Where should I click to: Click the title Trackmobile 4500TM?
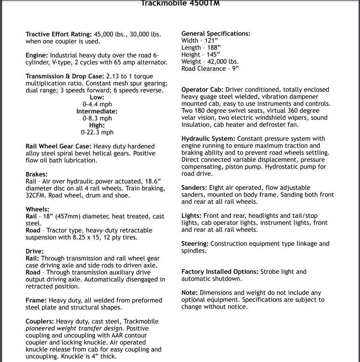click(181, 4)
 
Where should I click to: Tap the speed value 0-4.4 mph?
click(97, 104)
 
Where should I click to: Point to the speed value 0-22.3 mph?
click(97, 132)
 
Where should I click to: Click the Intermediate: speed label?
click(97, 111)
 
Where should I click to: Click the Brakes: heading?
click(37, 174)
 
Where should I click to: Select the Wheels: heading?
click(37, 209)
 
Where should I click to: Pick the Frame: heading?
click(36, 300)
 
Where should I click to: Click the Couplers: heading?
click(40, 321)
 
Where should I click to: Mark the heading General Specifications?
click(216, 34)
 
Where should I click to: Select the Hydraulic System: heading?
click(208, 139)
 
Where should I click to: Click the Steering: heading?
click(195, 244)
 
